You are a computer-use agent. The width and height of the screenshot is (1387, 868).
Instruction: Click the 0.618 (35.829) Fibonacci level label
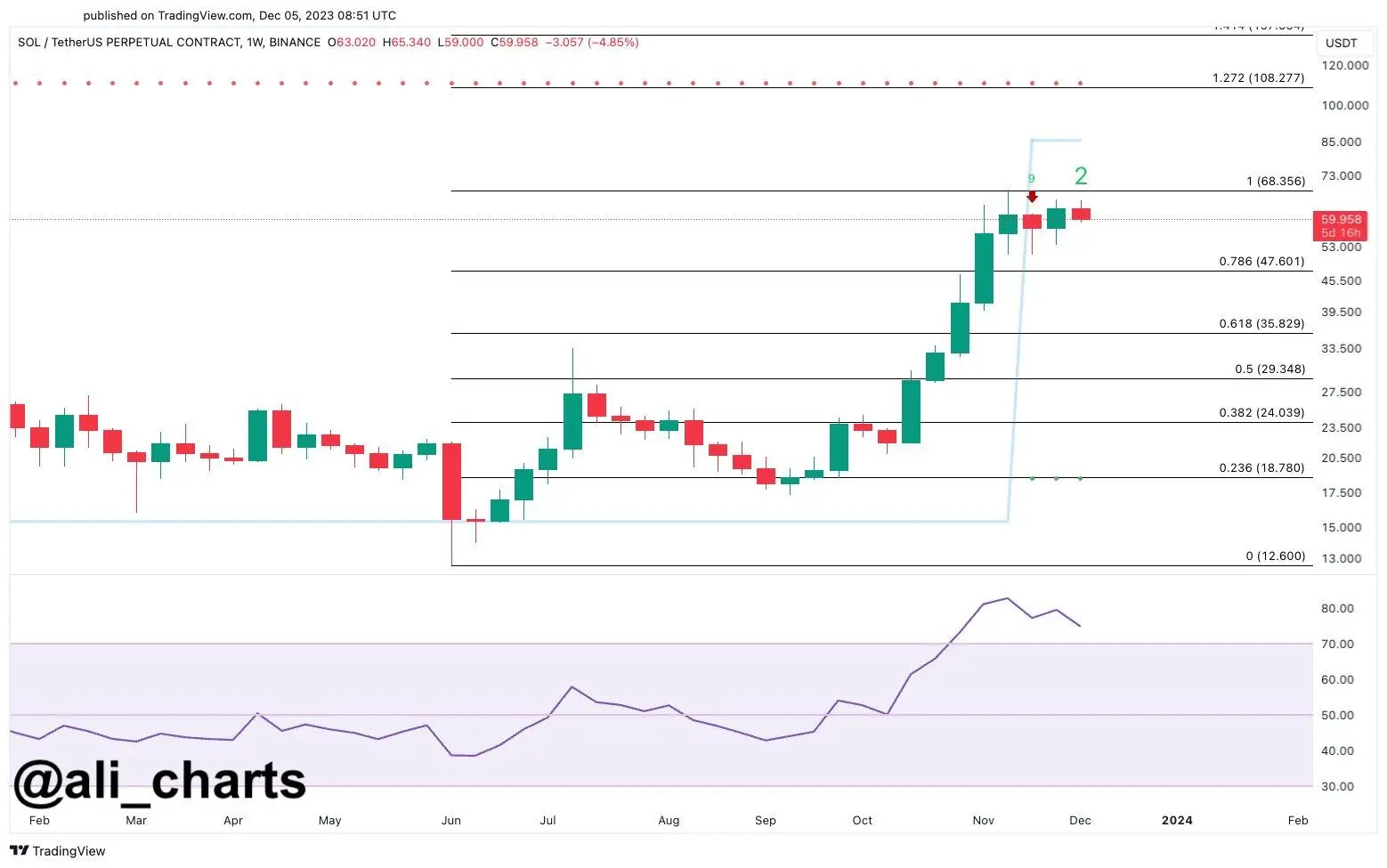pos(1261,324)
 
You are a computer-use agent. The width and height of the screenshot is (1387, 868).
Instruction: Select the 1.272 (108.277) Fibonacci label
pos(1258,78)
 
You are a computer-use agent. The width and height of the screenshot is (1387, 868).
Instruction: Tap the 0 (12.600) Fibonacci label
pos(1275,556)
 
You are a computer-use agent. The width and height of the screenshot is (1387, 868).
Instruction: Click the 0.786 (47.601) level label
pos(1261,262)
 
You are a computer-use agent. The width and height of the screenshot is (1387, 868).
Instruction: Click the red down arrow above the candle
pos(1032,197)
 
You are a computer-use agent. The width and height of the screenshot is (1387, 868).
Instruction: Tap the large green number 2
pos(1081,176)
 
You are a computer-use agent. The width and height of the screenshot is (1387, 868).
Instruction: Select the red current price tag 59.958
pos(1340,225)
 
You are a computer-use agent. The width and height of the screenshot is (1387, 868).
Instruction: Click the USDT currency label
pos(1341,43)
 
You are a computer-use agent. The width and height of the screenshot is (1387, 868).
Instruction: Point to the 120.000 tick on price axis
pos(1344,66)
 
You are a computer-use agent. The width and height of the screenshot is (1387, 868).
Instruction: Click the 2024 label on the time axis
pos(1176,821)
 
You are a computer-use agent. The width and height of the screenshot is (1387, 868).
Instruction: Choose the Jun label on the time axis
pos(451,821)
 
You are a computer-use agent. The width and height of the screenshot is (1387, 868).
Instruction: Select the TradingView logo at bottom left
pos(58,851)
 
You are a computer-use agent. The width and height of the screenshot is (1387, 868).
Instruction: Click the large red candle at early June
pos(452,482)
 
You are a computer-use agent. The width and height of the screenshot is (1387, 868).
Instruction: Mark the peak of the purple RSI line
pos(1007,598)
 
